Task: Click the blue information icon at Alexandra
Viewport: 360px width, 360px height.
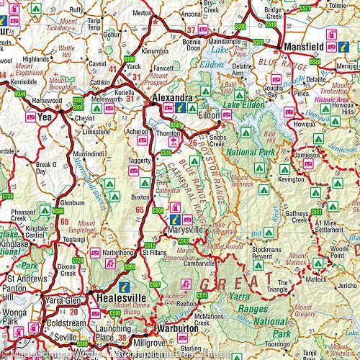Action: pyautogui.click(x=181, y=109)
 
